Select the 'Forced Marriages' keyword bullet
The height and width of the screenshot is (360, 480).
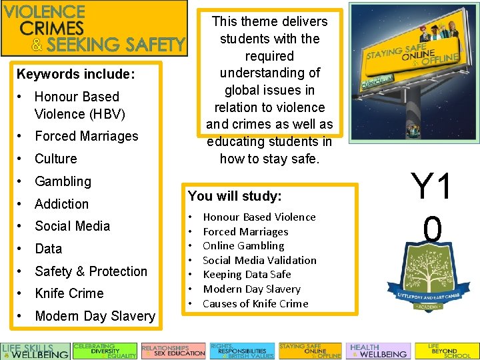point(86,136)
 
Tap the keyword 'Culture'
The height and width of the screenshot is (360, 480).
point(55,159)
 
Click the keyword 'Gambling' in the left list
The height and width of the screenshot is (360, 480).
point(63,181)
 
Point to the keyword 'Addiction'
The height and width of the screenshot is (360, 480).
point(61,204)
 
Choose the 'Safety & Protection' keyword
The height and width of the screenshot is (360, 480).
point(91,271)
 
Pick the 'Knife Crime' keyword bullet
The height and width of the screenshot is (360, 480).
point(69,293)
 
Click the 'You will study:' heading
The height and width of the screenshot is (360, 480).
point(235,196)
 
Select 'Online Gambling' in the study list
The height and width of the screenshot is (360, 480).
point(243,246)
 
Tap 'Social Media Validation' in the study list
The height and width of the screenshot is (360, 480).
point(259,260)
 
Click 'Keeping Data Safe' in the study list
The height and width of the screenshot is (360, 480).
point(247,275)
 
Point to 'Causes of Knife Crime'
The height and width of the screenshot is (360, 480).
point(255,303)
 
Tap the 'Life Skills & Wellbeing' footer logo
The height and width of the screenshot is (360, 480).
point(35,351)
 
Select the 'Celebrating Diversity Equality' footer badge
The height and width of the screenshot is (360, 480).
point(105,351)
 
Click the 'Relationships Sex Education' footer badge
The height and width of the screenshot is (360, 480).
point(173,351)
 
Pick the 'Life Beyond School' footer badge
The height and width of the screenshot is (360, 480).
point(446,351)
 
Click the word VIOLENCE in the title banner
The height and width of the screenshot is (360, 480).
point(54,12)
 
